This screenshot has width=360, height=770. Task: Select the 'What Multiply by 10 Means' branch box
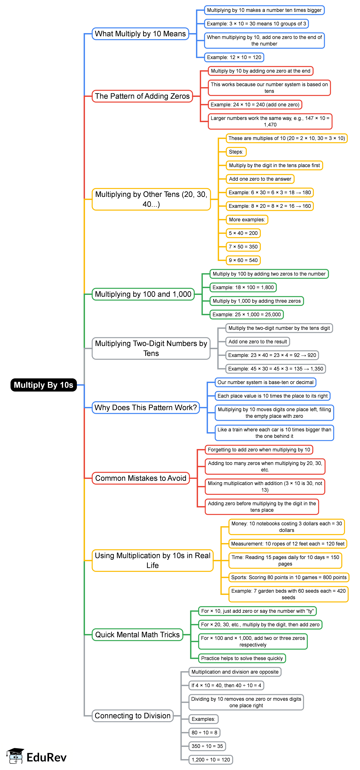(140, 34)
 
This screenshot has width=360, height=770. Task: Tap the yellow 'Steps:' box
(236, 152)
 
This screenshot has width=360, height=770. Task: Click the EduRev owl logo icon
(16, 756)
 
